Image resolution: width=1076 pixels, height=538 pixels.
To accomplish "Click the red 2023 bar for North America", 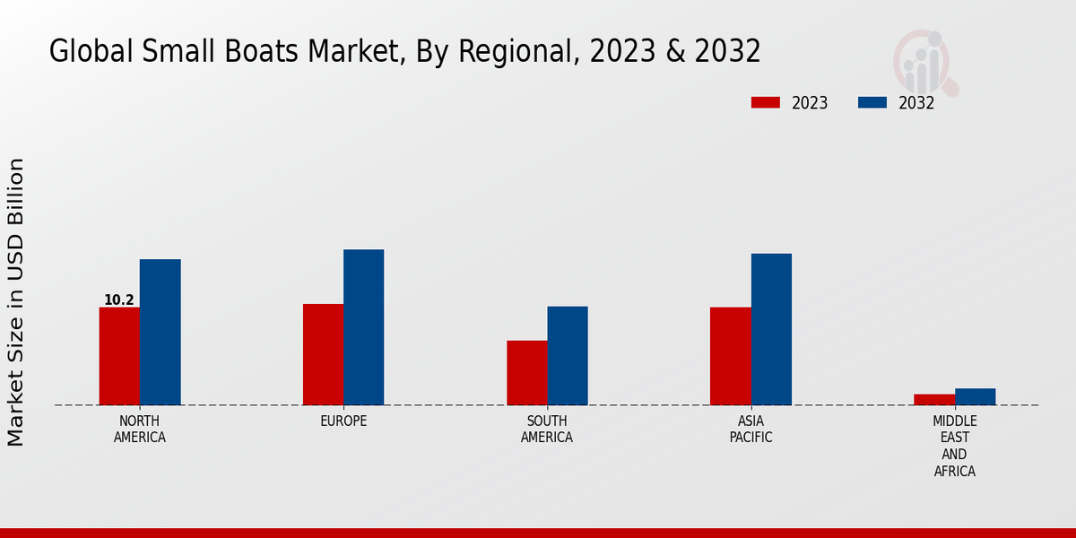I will click(x=119, y=356).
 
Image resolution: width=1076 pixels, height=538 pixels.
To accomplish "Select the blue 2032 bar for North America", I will click(x=160, y=332).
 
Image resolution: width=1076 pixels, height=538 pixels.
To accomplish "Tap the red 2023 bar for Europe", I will click(x=323, y=354).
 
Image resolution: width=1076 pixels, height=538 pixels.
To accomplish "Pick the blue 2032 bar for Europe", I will click(x=363, y=327).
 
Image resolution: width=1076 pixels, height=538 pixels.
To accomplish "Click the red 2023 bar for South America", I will click(x=526, y=372).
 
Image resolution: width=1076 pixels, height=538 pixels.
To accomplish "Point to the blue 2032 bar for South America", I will click(x=568, y=355).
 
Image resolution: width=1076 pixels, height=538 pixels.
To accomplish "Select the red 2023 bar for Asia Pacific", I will click(x=730, y=356).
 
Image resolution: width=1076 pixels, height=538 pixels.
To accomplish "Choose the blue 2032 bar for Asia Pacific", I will click(x=771, y=329).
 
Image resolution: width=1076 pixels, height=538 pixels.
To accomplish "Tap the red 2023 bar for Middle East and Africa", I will click(x=934, y=399).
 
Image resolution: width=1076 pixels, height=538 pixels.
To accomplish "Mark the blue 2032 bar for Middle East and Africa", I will click(x=975, y=396).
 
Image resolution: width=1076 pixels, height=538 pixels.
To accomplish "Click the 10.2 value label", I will click(x=119, y=300).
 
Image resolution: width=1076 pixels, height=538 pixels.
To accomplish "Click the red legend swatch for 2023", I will click(x=765, y=102).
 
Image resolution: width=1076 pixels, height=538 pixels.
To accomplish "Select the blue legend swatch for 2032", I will click(x=872, y=102).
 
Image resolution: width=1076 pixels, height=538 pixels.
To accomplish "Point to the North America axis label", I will click(x=140, y=430).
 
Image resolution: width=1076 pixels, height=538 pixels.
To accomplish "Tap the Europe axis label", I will click(x=343, y=421).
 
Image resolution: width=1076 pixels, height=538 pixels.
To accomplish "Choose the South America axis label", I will click(x=547, y=430).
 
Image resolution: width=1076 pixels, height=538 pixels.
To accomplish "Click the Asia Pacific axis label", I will click(x=751, y=430).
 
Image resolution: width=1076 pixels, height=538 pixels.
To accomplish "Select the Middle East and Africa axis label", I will click(x=954, y=447).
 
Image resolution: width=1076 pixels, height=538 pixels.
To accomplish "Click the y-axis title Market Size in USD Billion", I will click(x=16, y=302).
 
